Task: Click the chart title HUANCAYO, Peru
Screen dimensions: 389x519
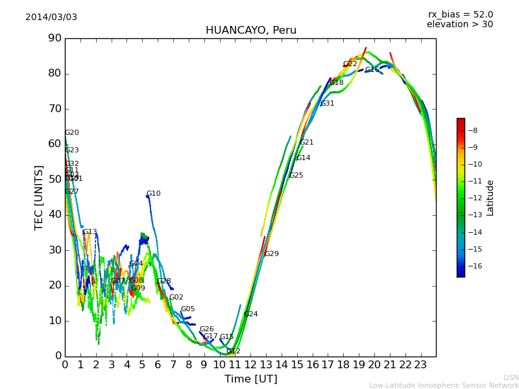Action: tap(250, 30)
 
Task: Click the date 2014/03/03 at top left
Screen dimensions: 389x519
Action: tap(51, 18)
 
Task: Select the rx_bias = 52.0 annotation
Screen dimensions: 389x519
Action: tap(460, 15)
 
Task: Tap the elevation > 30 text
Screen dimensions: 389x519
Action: tap(459, 25)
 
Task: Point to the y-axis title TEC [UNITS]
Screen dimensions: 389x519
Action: tap(39, 198)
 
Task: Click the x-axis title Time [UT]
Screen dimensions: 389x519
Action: tap(250, 379)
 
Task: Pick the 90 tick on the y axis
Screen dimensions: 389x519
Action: tap(54, 38)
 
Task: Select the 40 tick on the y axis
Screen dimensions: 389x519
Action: tap(54, 215)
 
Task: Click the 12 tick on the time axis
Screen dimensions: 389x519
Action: tap(250, 365)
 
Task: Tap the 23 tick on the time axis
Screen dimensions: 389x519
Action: tap(420, 365)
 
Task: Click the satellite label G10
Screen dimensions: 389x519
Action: tap(154, 194)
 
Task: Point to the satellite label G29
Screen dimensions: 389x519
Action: tap(272, 254)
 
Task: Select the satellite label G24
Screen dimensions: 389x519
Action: tap(251, 314)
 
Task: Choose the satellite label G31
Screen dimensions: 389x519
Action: tap(328, 104)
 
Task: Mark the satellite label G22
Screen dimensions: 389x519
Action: tap(350, 64)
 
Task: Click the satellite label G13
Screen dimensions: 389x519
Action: tap(90, 232)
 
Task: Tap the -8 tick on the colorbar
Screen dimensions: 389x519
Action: tap(473, 130)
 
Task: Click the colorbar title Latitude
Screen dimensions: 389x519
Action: tap(490, 198)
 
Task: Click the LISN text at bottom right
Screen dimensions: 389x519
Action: tap(511, 377)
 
